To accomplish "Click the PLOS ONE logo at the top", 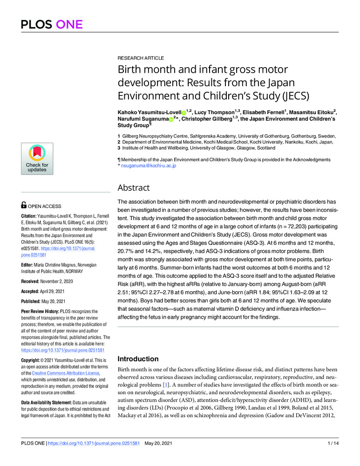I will [51, 24].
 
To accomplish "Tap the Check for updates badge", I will [37, 159].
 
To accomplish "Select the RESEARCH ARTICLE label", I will [140, 58].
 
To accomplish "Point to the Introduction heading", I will [138, 359].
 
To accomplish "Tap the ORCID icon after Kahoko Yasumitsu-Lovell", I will [183, 113].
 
